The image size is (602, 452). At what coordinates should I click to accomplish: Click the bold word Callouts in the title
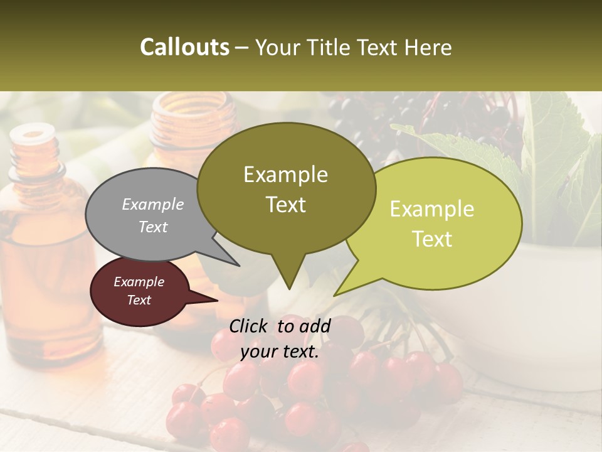pos(184,47)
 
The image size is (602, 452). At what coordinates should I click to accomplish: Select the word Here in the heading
pos(430,48)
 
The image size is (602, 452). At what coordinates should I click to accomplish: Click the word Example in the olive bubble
pos(285,175)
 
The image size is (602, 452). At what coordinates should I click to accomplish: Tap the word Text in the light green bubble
pos(433,239)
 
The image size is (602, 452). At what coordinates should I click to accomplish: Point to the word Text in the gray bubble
pos(153,227)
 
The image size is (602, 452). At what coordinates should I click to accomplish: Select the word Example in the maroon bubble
pos(139,282)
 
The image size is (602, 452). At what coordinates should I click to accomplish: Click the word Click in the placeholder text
pos(249,326)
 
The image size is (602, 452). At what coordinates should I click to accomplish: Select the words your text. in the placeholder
pos(280,352)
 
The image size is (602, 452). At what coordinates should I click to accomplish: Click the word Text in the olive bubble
pos(286,205)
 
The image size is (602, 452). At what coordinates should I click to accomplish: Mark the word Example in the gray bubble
pos(152,204)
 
